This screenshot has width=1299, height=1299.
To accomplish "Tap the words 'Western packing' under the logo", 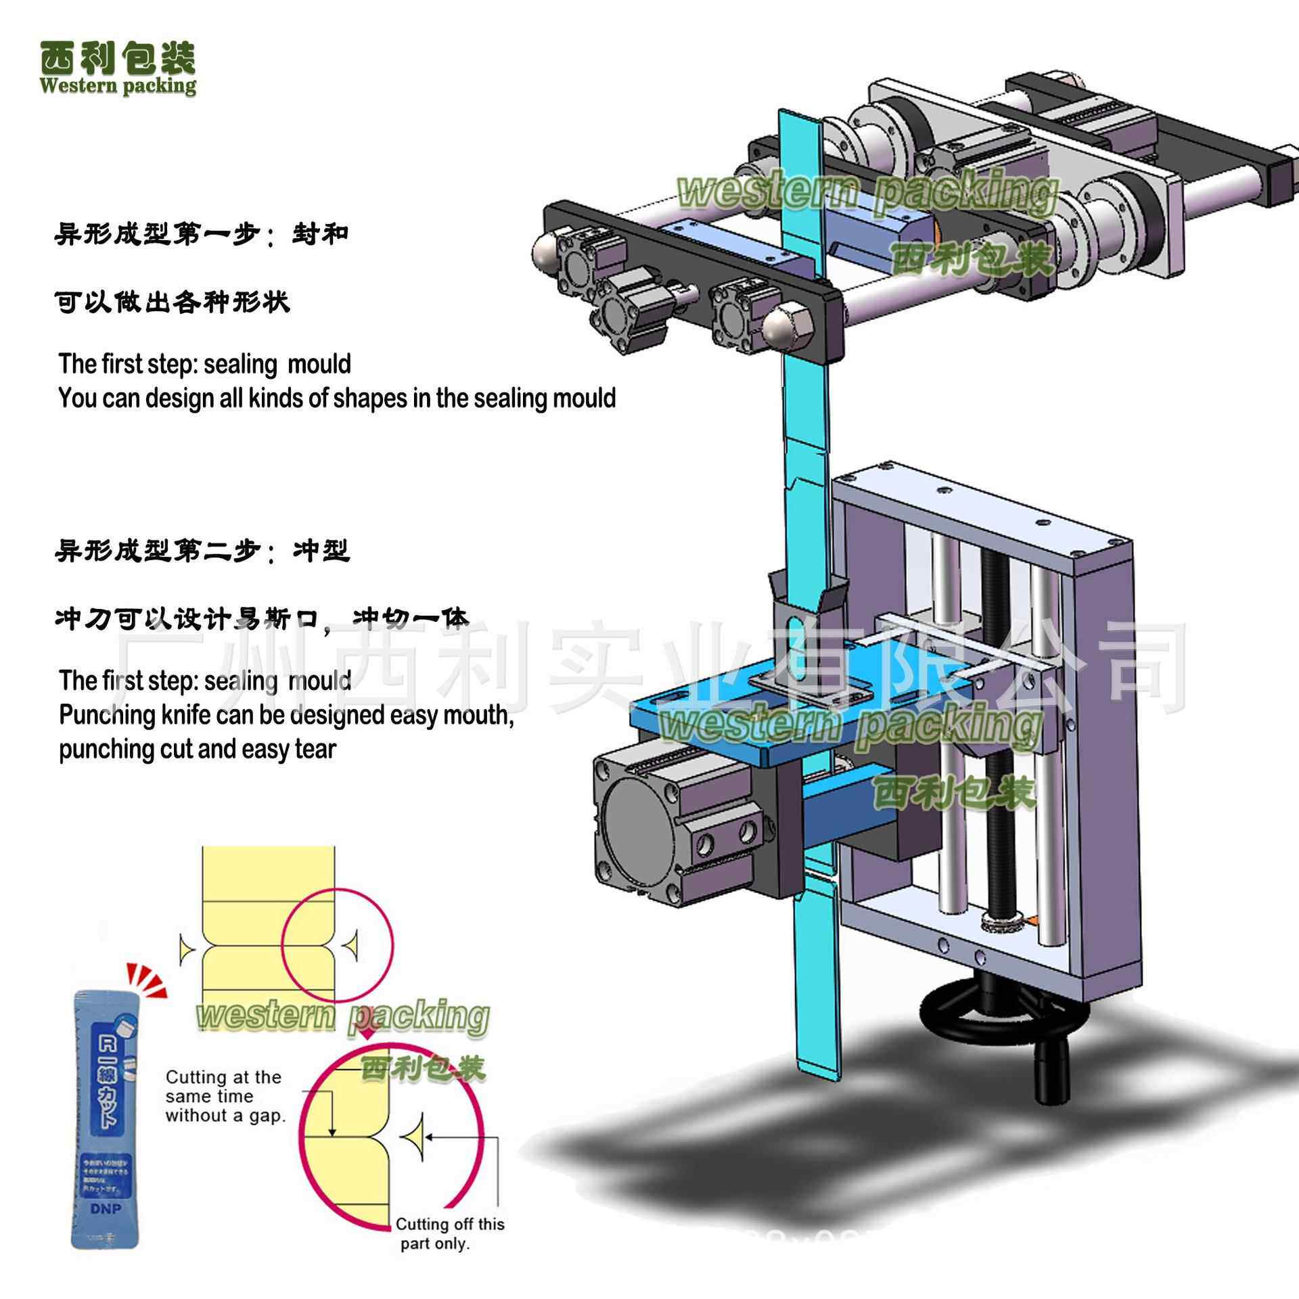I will [x=118, y=87].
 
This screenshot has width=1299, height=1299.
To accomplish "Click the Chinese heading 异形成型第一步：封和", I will [x=201, y=235].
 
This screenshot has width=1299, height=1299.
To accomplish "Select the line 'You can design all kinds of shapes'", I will [x=337, y=398].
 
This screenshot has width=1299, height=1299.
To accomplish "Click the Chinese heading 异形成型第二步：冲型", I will [x=202, y=551].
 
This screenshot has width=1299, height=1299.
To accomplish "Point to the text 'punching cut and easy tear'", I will [x=197, y=750].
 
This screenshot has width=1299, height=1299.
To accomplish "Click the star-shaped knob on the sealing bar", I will [x=618, y=311].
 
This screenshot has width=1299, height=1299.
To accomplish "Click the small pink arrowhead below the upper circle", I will [x=367, y=1036].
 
